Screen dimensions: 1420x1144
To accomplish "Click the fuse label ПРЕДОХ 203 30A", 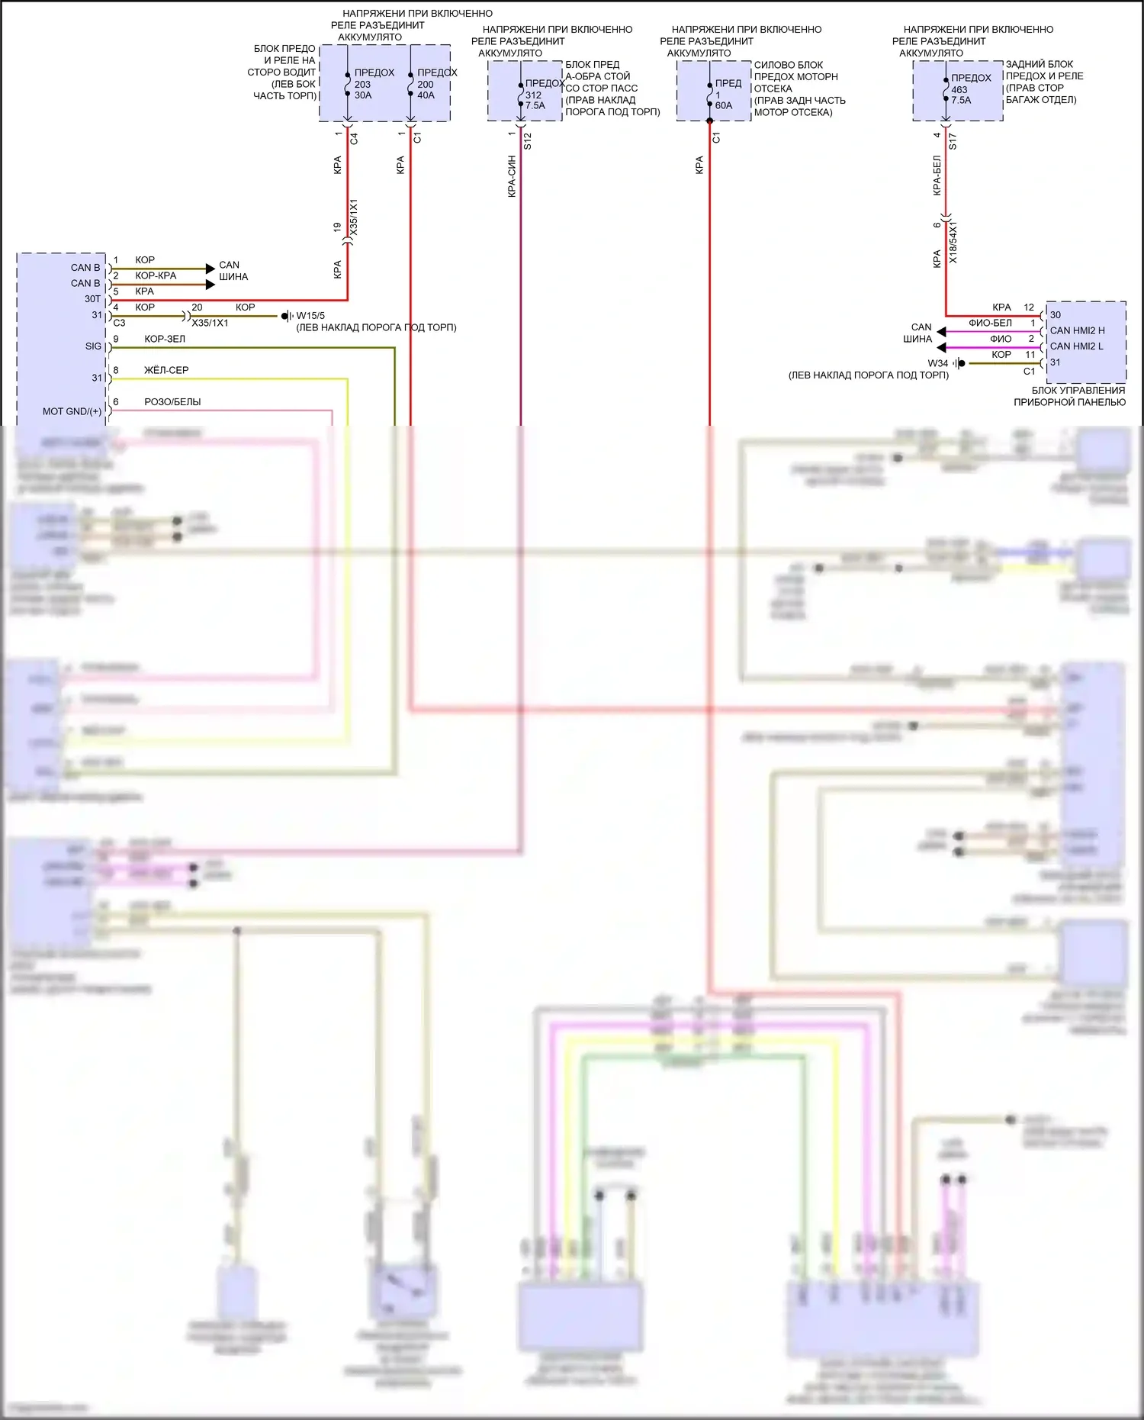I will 373,84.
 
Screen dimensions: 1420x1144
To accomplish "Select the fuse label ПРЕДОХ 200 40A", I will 435,84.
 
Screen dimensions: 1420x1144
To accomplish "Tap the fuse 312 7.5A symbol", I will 522,95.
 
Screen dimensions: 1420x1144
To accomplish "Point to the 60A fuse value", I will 723,106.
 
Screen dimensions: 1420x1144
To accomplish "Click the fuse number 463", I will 959,89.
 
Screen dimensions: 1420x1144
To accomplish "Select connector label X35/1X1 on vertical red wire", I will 353,217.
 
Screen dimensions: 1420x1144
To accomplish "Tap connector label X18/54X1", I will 953,242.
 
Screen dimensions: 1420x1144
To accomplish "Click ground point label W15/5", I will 310,316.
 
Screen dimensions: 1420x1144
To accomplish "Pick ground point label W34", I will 937,363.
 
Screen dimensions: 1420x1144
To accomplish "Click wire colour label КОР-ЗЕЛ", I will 165,339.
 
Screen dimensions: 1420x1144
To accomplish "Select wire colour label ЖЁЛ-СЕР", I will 166,370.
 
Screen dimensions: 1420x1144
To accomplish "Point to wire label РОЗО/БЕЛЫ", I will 172,402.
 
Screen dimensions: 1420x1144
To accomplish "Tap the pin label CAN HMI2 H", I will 1077,330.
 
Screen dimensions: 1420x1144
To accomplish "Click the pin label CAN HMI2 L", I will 1076,346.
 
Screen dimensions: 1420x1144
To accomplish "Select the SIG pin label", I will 93,346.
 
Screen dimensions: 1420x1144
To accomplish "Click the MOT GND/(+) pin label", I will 72,411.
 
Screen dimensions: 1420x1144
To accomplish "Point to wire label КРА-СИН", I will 512,176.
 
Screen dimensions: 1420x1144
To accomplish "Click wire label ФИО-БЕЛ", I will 990,324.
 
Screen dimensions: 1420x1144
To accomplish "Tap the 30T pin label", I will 92,299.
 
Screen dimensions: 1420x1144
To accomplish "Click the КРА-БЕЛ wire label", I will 937,175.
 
